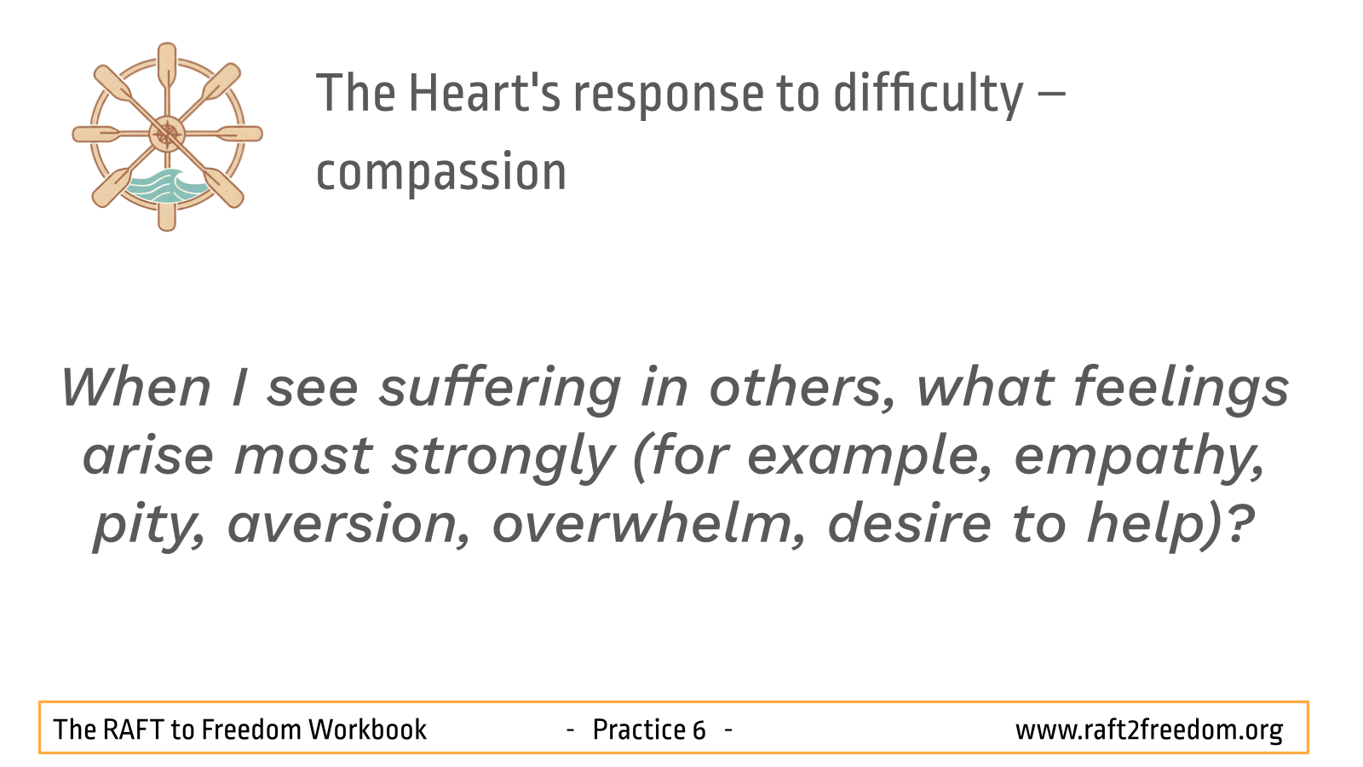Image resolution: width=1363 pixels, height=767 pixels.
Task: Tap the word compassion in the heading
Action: tap(441, 173)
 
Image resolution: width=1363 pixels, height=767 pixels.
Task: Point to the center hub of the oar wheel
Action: tap(167, 135)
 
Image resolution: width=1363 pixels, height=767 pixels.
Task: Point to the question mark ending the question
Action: tap(1240, 523)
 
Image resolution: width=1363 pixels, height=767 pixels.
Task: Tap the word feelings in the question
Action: tap(1181, 389)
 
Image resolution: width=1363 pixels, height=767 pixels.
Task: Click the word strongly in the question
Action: tap(502, 458)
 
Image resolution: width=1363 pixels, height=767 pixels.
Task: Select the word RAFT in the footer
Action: tap(132, 730)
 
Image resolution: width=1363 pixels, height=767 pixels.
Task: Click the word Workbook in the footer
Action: tap(367, 730)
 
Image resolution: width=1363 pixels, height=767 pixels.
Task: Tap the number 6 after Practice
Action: tap(699, 730)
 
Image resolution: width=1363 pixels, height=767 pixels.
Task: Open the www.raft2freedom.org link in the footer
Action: tap(1149, 730)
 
